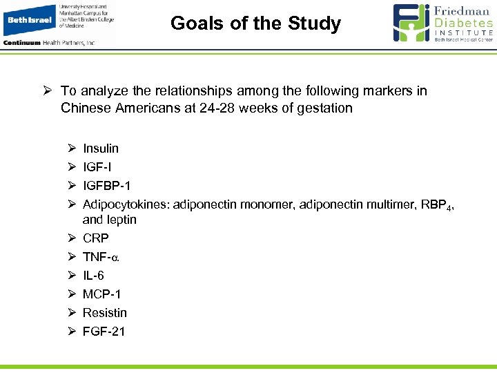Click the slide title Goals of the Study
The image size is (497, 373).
pyautogui.click(x=255, y=23)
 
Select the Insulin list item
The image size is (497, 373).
pyautogui.click(x=101, y=149)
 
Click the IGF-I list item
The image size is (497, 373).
pyautogui.click(x=97, y=167)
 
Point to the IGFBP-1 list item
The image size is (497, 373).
pyautogui.click(x=106, y=186)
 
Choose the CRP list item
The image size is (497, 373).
pyautogui.click(x=95, y=238)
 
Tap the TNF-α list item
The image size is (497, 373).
pyautogui.click(x=101, y=257)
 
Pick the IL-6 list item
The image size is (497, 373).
pyautogui.click(x=93, y=276)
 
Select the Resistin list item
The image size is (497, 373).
pyautogui.click(x=105, y=313)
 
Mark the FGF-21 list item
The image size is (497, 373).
pyautogui.click(x=104, y=332)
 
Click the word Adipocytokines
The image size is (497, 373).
pyautogui.click(x=126, y=204)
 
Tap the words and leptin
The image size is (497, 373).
pyautogui.click(x=110, y=220)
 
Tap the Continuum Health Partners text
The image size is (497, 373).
pyautogui.click(x=49, y=43)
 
